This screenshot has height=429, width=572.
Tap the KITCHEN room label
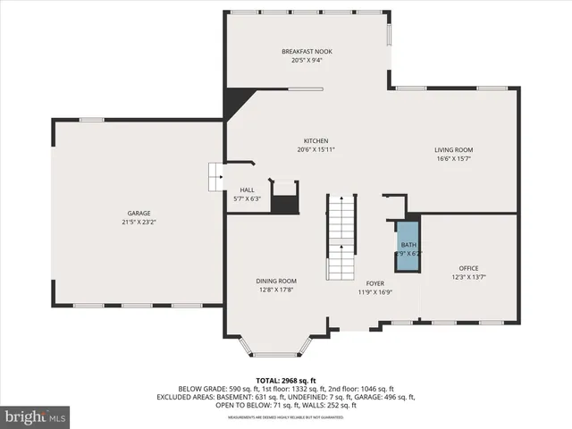click(x=315, y=141)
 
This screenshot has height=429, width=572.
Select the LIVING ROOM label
click(x=453, y=150)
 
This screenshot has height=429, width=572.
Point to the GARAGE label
click(x=139, y=213)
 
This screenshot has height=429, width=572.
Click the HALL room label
click(x=247, y=189)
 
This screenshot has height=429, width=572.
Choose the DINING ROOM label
click(x=275, y=281)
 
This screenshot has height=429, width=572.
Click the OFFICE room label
click(x=469, y=268)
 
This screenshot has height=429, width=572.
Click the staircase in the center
click(x=340, y=236)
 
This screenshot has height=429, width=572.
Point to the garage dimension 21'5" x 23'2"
click(x=139, y=222)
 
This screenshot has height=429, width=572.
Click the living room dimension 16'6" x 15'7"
click(x=453, y=159)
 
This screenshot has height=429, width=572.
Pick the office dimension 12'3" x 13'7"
click(x=469, y=277)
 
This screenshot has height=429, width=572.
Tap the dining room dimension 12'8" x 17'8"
click(x=275, y=290)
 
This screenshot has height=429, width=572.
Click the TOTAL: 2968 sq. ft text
click(x=285, y=380)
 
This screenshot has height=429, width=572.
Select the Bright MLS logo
click(x=36, y=416)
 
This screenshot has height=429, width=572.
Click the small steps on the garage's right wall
click(x=215, y=176)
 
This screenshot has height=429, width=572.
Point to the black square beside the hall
click(x=284, y=203)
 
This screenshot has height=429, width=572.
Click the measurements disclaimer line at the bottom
click(x=285, y=417)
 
